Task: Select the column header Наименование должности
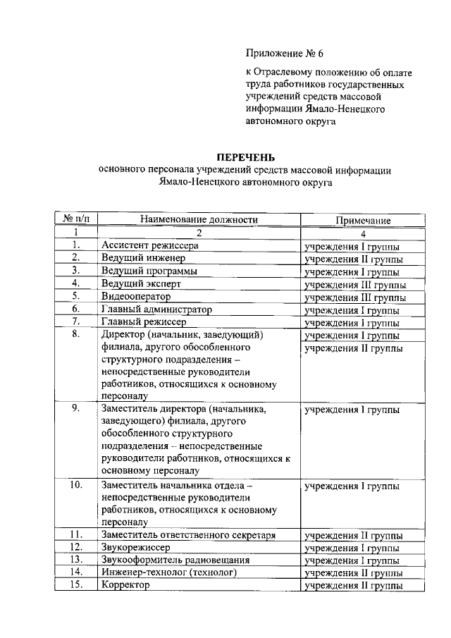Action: point(199,220)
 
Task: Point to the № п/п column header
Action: point(76,220)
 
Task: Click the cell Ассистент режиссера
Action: point(149,246)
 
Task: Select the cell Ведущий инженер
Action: point(140,259)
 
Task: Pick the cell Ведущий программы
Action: point(149,271)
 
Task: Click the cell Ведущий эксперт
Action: point(141,284)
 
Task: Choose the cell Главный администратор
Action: point(156,309)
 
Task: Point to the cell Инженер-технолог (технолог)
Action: point(168,573)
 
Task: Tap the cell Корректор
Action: point(125,586)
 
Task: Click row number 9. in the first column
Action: point(76,408)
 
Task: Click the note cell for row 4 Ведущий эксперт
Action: point(354,285)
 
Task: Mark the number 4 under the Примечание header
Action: point(363,233)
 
